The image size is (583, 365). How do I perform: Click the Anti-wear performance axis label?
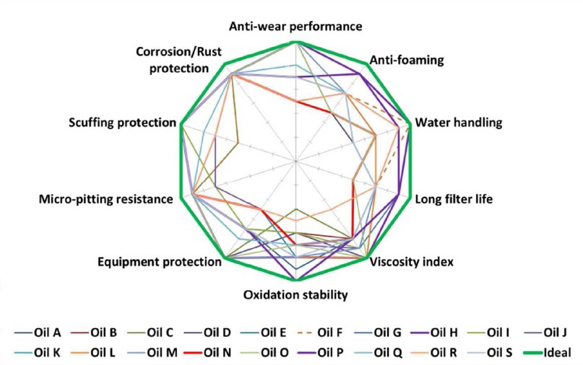[295, 27]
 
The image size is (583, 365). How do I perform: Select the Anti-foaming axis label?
[407, 60]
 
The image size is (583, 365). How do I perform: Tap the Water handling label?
[459, 123]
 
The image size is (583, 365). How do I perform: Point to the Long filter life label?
[454, 199]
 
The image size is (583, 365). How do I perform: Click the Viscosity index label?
[412, 262]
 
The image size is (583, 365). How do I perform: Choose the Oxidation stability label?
[295, 295]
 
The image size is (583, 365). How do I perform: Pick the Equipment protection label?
[160, 262]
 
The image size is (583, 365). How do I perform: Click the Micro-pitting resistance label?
[106, 199]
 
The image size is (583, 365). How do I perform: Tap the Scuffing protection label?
[122, 123]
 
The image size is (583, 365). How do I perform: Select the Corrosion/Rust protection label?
[179, 60]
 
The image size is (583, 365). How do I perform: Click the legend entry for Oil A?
[38, 333]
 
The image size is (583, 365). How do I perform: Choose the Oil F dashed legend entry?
[321, 333]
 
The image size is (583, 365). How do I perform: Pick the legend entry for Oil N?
[207, 352]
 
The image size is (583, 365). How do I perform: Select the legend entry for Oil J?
[545, 333]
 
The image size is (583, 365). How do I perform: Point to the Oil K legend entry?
[37, 352]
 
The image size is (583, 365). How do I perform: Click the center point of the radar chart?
[296, 161]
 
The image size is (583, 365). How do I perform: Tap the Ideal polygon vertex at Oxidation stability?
[296, 280]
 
